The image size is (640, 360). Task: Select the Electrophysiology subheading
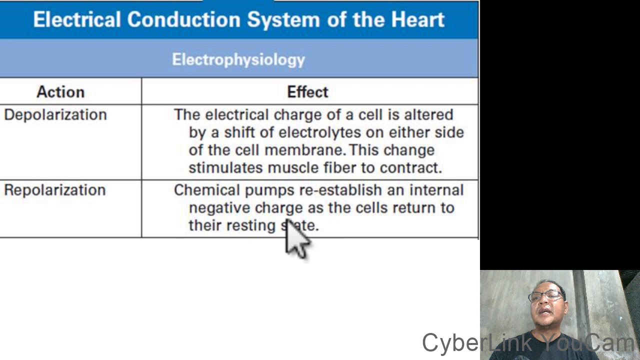coord(238,59)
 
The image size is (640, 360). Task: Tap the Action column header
coord(60,92)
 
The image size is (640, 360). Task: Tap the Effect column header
coord(307,92)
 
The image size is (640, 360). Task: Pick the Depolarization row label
coord(55,115)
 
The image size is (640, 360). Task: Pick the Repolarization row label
coord(55,190)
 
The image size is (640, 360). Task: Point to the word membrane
coord(304,150)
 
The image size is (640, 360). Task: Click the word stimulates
coord(226,168)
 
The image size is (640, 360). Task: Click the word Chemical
coord(207,190)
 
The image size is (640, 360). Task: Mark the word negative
coord(219,208)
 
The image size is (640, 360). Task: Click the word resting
coord(251,225)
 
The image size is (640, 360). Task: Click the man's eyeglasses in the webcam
coord(546,296)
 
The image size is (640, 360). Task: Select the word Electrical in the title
coord(76,20)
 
